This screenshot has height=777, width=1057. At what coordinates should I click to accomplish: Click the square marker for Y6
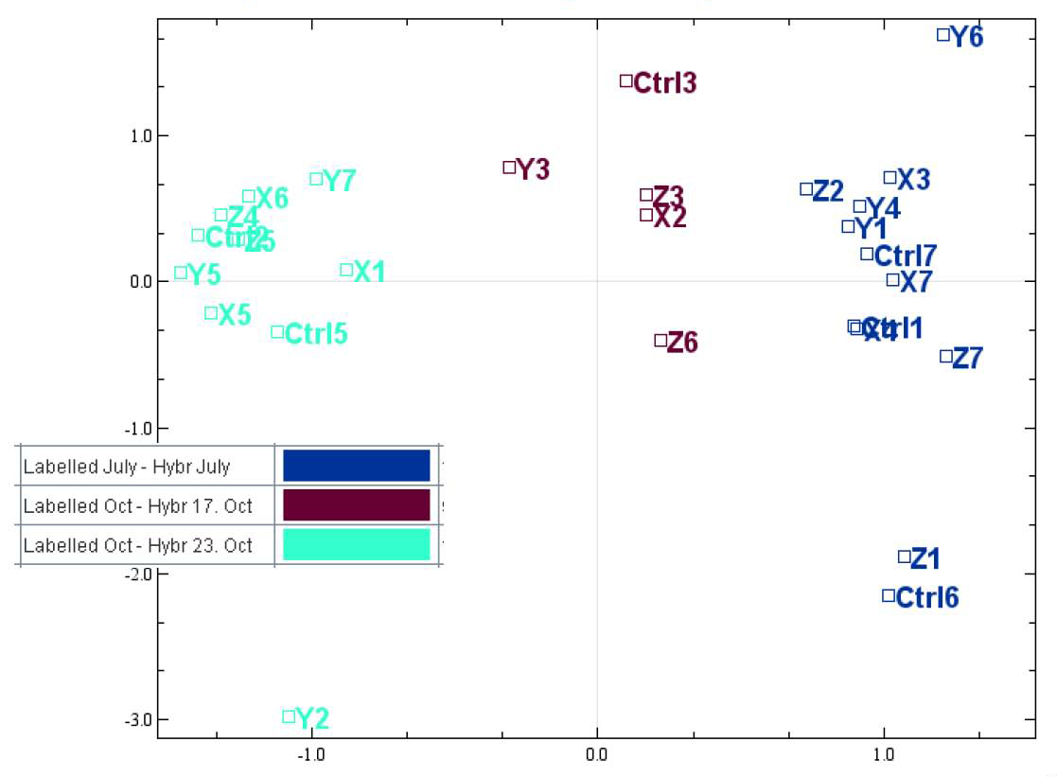pos(942,35)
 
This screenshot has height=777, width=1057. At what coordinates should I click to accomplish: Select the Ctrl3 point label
pos(664,83)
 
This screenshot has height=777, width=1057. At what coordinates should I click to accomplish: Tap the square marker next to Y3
pos(509,168)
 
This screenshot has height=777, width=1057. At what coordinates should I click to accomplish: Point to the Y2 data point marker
pos(289,716)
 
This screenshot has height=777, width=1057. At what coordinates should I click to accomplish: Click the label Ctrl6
pos(926,598)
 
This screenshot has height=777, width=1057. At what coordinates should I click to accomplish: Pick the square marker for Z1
pos(904,556)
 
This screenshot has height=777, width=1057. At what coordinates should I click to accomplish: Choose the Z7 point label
pos(967,359)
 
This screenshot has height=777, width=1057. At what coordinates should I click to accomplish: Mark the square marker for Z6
pos(661,340)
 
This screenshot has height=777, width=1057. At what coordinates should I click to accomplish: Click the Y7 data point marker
pos(316,179)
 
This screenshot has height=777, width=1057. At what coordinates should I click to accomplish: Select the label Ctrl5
pos(316,334)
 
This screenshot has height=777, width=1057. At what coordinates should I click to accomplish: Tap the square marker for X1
pos(346,270)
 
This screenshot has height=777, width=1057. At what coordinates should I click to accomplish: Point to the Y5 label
pos(203,275)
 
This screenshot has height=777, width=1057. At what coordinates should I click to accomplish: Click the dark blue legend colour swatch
pos(357,466)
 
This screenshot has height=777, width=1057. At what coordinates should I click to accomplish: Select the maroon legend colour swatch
pos(357,505)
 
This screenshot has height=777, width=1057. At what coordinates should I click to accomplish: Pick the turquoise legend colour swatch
pos(357,545)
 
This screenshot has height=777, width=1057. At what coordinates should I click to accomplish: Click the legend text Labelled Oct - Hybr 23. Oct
pos(138,546)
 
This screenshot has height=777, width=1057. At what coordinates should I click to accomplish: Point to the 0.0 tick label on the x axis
pos(596,754)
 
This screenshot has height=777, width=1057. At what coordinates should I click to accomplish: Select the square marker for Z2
pos(806,189)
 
